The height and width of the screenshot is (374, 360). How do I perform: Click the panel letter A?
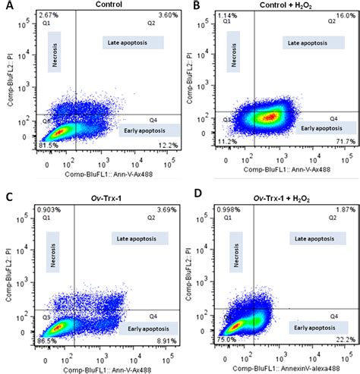click(x=6, y=6)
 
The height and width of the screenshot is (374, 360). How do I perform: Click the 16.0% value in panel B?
click(x=346, y=15)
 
